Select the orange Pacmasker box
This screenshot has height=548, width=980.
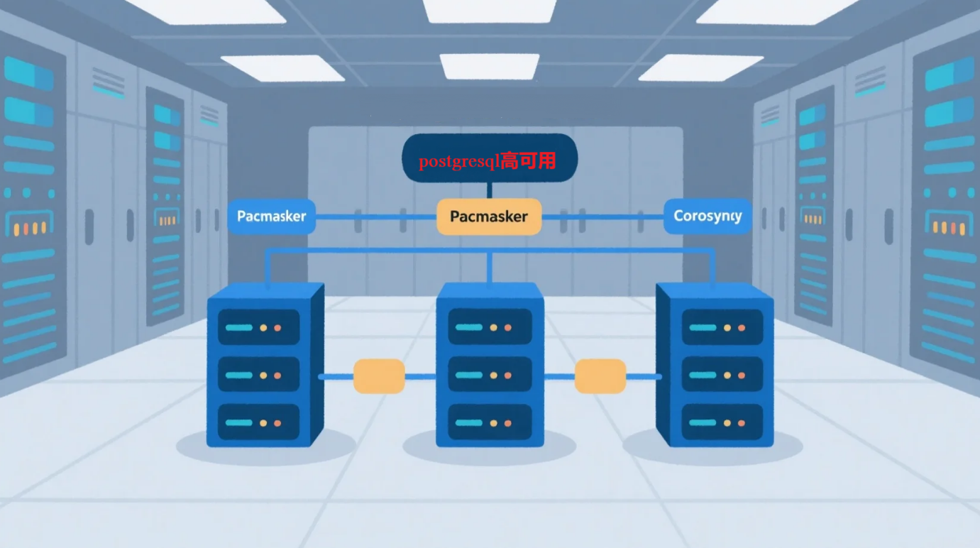tap(489, 217)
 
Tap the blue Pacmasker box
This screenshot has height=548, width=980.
tap(271, 217)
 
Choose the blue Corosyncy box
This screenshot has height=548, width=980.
tap(708, 216)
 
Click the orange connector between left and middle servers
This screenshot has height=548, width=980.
tap(379, 376)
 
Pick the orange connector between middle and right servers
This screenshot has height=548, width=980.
tap(600, 376)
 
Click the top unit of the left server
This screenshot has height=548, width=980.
tap(258, 327)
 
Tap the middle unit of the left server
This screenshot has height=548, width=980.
tap(258, 374)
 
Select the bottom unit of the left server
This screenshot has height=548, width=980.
tap(258, 422)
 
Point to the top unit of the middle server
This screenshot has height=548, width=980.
tap(490, 327)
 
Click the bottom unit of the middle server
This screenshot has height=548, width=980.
tap(490, 422)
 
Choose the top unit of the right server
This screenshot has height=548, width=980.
tap(722, 327)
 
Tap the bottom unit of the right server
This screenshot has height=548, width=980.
tap(722, 422)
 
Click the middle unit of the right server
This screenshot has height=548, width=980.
tap(722, 374)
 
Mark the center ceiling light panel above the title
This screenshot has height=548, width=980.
tap(490, 65)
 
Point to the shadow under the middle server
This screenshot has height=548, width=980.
tap(490, 450)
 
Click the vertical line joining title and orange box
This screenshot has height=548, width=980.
tap(489, 190)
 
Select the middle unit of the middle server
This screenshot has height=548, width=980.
tap(490, 374)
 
